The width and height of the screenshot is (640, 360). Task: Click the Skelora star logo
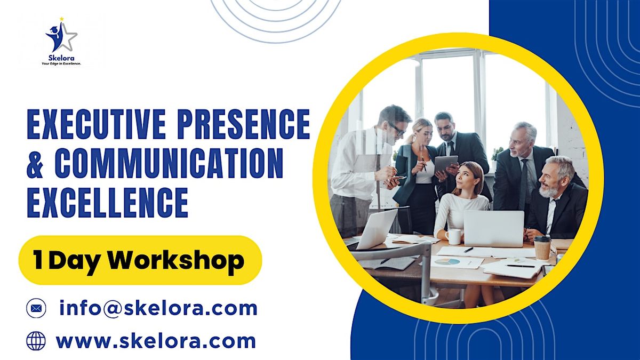click(x=61, y=36)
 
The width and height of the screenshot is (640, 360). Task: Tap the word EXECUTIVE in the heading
click(x=97, y=125)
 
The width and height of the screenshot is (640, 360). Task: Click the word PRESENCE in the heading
click(x=244, y=125)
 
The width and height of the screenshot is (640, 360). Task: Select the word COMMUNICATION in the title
click(x=169, y=163)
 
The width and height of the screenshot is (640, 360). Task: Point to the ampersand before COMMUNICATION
click(x=35, y=164)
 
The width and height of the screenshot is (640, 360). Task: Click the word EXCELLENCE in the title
click(x=107, y=202)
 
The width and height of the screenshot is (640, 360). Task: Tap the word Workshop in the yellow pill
click(x=176, y=260)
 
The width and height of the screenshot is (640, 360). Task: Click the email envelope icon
click(x=36, y=308)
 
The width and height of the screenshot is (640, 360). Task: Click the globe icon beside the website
click(x=36, y=341)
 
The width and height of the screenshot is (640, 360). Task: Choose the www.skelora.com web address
click(x=156, y=341)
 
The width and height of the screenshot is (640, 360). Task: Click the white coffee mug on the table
click(x=453, y=237)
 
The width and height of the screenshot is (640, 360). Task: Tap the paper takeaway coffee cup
click(x=542, y=247)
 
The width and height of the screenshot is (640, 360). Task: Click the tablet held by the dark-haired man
click(x=446, y=164)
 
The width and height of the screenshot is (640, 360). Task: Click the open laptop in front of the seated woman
click(x=494, y=228)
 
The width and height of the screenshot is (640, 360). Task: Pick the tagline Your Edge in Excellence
click(x=61, y=64)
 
